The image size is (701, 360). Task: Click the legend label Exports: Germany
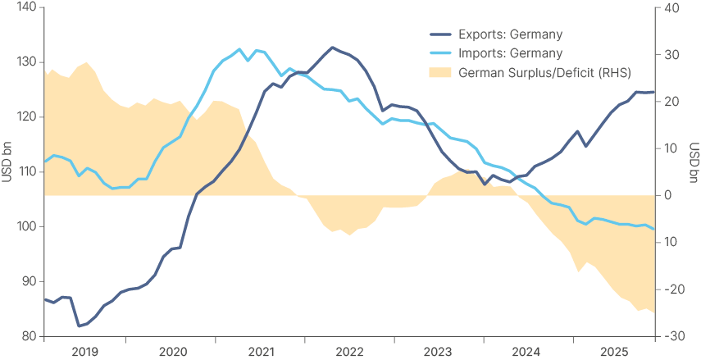[x=511, y=34]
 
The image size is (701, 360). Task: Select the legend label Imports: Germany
[x=510, y=53]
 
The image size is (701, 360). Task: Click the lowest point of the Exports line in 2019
[x=79, y=326]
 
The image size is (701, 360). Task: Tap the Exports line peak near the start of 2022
[x=332, y=48]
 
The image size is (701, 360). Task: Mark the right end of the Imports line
[x=654, y=230]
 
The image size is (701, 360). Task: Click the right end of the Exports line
[x=654, y=92]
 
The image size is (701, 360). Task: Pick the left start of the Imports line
[x=44, y=162]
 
